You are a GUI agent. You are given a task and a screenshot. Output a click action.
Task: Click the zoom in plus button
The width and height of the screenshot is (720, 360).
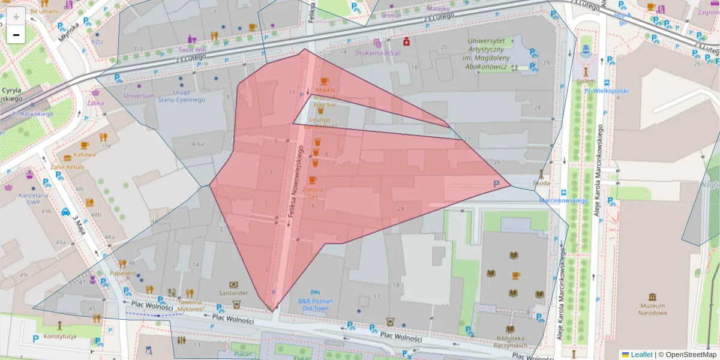point(16,16)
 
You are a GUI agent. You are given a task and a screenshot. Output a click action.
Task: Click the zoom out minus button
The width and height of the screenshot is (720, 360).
point(16,35)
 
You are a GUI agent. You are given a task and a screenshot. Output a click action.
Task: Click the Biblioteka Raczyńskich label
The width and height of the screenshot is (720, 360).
point(511,341)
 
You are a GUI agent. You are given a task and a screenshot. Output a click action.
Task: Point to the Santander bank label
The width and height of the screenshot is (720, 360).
point(233,293)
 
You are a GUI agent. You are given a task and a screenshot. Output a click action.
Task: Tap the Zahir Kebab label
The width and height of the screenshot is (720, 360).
point(68,167)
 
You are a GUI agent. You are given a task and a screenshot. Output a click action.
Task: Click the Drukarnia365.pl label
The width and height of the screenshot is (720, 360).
point(377,52)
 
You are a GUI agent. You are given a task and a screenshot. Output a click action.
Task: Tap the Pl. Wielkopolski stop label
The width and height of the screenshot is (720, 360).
point(606,91)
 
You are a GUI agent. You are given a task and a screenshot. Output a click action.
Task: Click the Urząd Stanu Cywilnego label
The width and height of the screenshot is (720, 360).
point(181,96)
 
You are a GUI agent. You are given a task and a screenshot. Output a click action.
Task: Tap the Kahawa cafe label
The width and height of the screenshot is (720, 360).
point(85,154)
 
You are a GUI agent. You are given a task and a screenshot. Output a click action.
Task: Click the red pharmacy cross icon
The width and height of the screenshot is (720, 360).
point(406,42)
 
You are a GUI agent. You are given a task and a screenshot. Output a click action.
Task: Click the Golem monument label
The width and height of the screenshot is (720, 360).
point(586,81)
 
